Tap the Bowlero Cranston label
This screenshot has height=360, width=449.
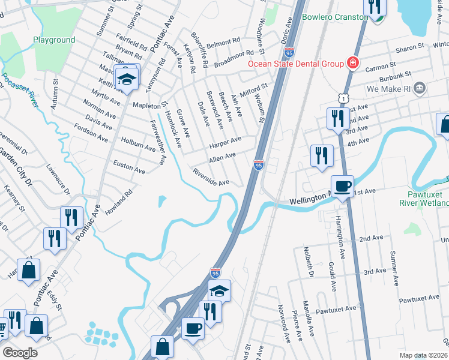coord(336,17)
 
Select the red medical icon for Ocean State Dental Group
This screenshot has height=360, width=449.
coord(353,63)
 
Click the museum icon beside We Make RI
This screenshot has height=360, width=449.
coord(420,89)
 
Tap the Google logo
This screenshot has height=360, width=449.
coord(20,352)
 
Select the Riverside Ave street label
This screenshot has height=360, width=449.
coord(211,178)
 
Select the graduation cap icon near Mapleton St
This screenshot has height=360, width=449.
coord(127,79)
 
